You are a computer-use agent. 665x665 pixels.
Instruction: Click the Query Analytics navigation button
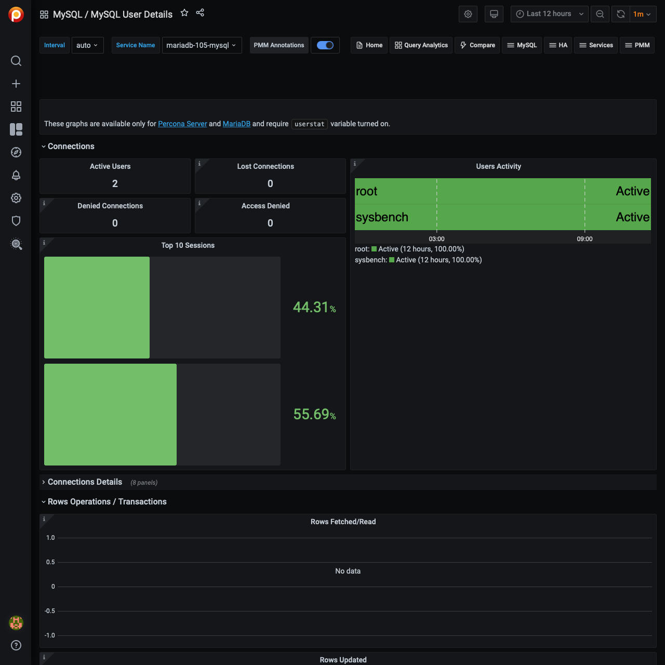tap(421, 45)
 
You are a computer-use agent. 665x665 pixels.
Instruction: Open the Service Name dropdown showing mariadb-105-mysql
tap(202, 45)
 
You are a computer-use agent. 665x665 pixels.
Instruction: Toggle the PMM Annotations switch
tap(325, 45)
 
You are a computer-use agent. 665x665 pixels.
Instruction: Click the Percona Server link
tap(182, 124)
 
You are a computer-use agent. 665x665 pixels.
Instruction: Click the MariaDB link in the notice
tap(236, 124)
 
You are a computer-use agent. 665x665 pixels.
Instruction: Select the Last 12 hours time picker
tap(549, 14)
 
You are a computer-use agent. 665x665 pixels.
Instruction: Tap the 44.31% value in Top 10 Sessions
tap(314, 308)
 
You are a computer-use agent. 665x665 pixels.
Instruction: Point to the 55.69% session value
tap(314, 415)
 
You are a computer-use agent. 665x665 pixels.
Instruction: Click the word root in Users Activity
tap(367, 191)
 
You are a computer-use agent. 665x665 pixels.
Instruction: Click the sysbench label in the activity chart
tap(382, 217)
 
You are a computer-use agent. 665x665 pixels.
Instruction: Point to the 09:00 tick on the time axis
tap(584, 239)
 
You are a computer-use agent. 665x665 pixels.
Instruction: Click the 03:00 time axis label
tap(436, 239)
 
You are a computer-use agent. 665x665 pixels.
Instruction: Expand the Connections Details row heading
tap(85, 482)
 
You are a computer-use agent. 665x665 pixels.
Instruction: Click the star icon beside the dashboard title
tap(184, 13)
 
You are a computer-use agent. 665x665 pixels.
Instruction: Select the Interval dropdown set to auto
tap(87, 45)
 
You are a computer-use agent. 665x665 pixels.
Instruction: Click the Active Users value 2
tap(115, 183)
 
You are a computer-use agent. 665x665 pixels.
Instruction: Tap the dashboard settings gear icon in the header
tap(468, 14)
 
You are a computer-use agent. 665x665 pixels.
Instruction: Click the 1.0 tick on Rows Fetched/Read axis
tap(50, 538)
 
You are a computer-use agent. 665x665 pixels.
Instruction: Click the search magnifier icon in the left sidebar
tap(16, 61)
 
